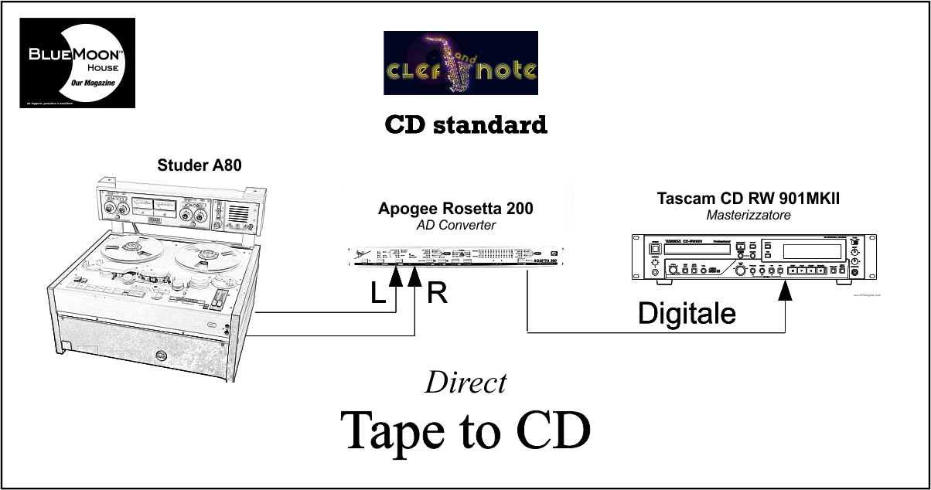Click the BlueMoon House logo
[77, 63]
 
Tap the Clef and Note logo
[460, 63]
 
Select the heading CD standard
[465, 124]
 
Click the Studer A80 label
[194, 165]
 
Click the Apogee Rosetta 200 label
[455, 209]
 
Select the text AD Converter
[455, 225]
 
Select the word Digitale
[686, 312]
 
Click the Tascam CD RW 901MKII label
[749, 199]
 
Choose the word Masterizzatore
[749, 216]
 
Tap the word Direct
[465, 383]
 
